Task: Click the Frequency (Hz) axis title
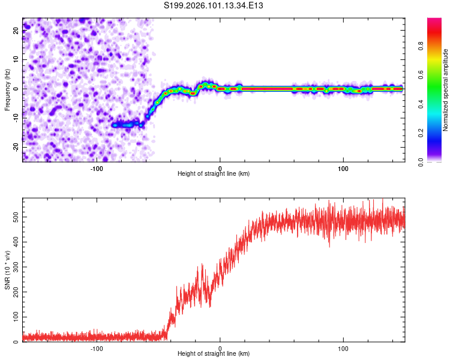pos(7,90)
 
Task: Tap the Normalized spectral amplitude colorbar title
pos(446,90)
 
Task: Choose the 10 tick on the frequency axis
pos(16,60)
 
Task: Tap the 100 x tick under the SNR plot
pos(343,349)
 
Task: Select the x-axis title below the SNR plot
pos(214,355)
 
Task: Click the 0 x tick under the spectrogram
pos(220,169)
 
